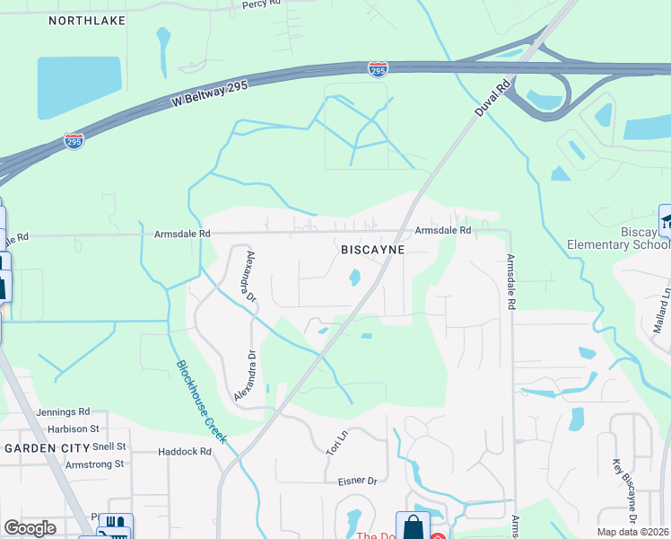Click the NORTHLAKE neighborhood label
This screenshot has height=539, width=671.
86,19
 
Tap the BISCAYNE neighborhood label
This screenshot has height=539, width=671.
373,249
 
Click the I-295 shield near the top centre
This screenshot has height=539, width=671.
378,68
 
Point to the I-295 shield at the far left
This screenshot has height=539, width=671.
74,141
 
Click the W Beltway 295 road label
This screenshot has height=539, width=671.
210,93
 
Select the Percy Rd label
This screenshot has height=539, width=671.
261,4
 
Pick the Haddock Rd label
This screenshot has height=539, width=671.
185,452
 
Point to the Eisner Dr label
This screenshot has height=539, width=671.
358,482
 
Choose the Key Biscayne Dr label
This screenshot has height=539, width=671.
624,491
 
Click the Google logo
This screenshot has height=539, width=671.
30,528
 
